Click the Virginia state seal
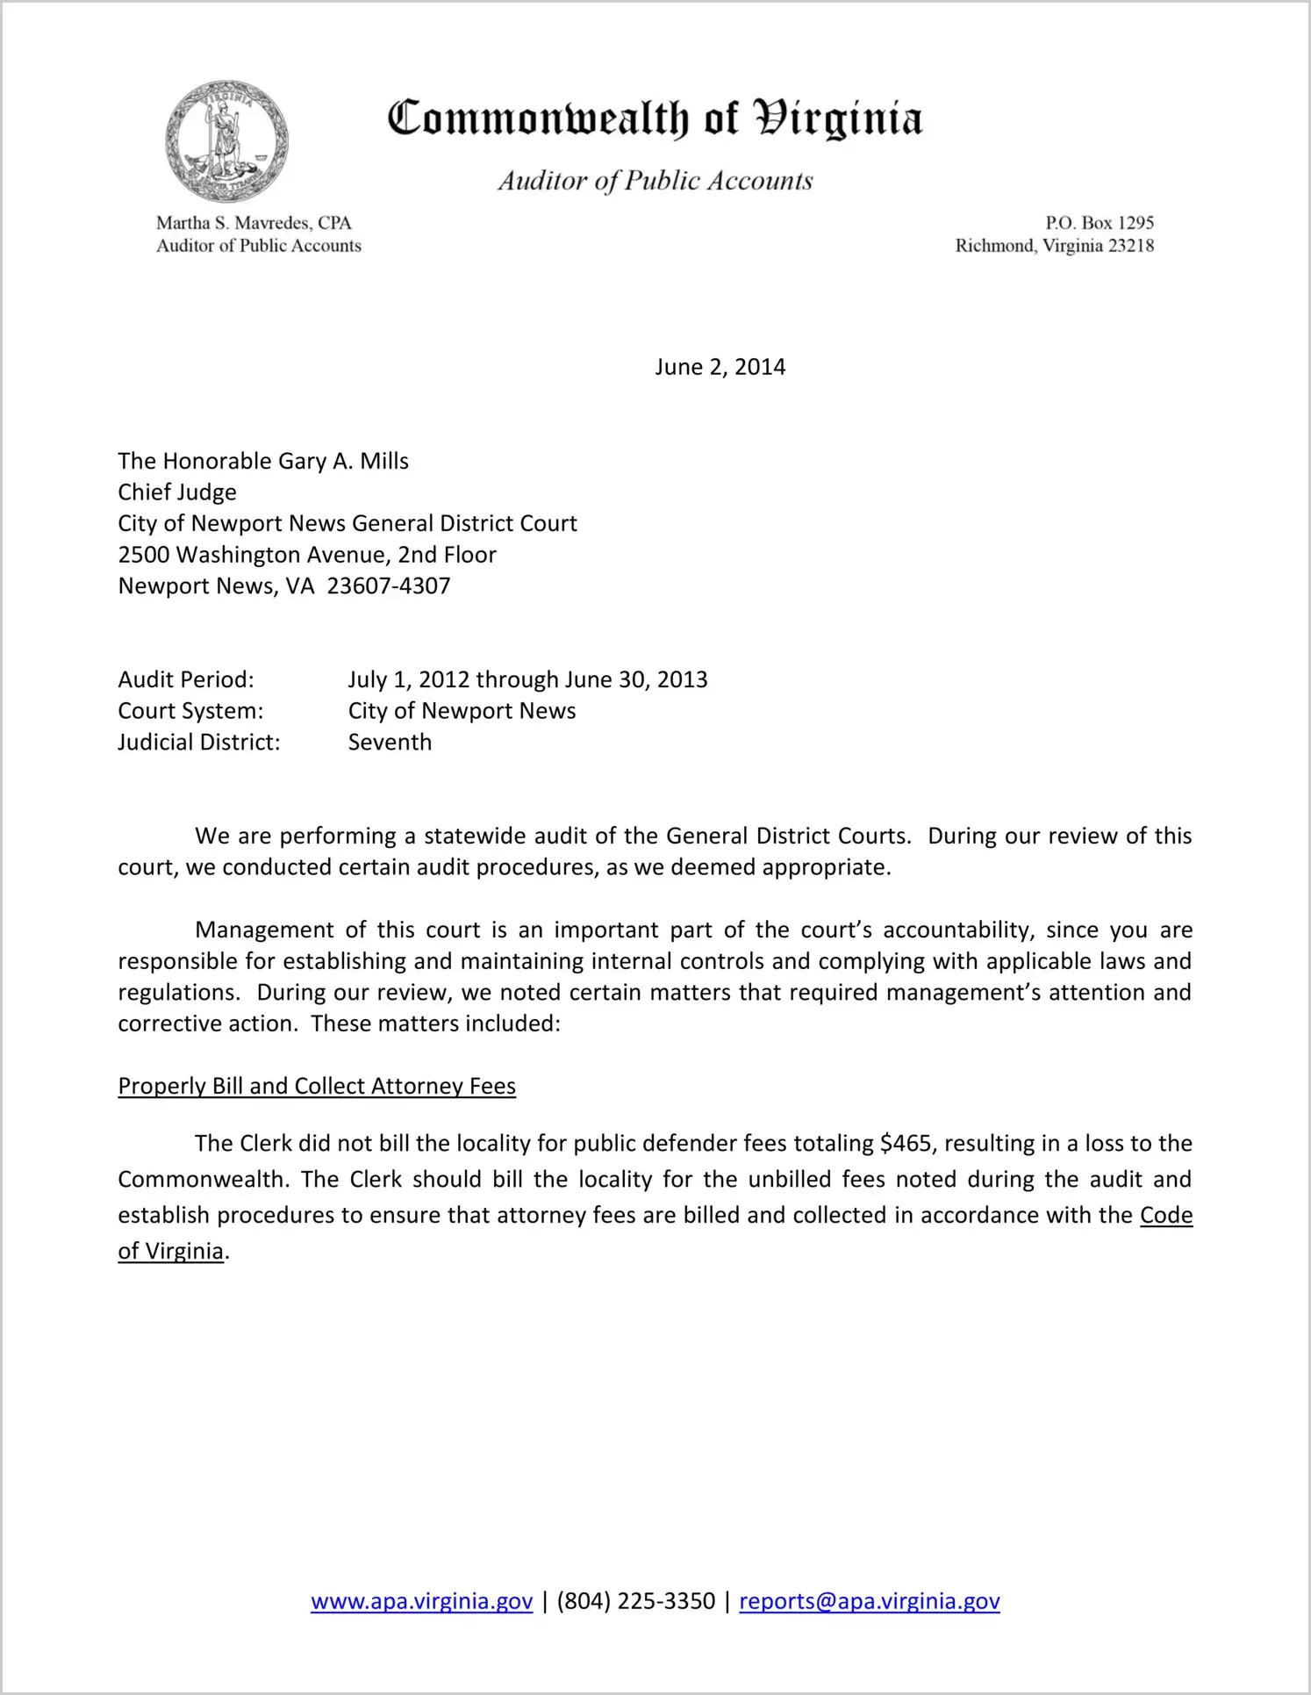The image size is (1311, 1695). [x=226, y=141]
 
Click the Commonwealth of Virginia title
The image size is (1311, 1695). [x=655, y=118]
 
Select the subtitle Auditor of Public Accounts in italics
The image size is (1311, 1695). [x=655, y=181]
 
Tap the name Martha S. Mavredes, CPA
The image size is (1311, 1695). [x=254, y=223]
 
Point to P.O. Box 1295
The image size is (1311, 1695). [x=1099, y=223]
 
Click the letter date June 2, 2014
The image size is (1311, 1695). [x=720, y=367]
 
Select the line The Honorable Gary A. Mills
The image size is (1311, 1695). [x=263, y=461]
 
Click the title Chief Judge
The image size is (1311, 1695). [x=177, y=492]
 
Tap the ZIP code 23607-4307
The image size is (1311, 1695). [x=389, y=586]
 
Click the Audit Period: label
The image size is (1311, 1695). [x=186, y=679]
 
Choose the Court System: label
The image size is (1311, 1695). [x=190, y=711]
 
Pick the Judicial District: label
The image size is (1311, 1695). [x=199, y=743]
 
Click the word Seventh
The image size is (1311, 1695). [x=390, y=743]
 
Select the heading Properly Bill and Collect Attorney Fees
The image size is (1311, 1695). [x=317, y=1086]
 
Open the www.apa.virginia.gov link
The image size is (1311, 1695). [x=421, y=1601]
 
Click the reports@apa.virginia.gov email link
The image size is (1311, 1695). [x=869, y=1601]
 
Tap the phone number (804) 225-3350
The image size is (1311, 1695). [x=635, y=1601]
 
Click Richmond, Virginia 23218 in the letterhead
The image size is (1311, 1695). [x=1054, y=246]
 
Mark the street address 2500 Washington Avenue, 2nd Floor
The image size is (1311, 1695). [x=307, y=555]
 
